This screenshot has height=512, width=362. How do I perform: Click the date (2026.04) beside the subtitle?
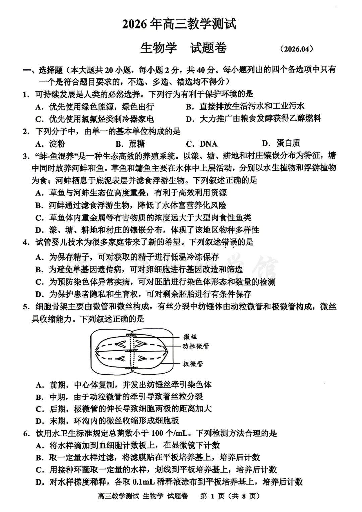[296, 49]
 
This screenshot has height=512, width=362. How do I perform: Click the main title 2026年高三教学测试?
[179, 24]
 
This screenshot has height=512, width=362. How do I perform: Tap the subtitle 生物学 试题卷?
[183, 48]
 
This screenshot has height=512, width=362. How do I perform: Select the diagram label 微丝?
[190, 337]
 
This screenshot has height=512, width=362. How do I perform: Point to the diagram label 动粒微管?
[196, 346]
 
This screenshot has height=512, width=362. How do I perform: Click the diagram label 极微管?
[193, 364]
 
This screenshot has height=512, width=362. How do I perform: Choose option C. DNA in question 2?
[202, 144]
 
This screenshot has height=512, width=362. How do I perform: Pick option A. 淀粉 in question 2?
[50, 144]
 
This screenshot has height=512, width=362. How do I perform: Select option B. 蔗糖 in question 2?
[130, 144]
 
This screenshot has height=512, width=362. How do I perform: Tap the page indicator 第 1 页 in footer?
[212, 496]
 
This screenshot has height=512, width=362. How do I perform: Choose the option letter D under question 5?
[40, 421]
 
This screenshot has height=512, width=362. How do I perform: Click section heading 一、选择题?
[43, 70]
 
